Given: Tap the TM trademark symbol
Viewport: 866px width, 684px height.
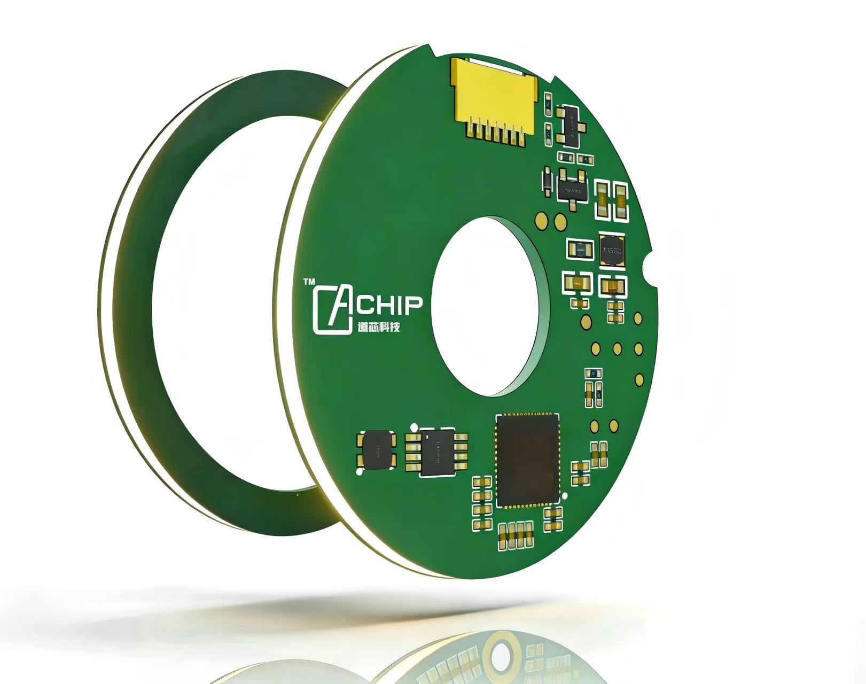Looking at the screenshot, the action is (309, 282).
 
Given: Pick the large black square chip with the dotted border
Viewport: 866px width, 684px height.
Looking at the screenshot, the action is (528, 460).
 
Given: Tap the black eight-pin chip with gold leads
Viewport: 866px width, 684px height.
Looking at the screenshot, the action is (436, 452).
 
